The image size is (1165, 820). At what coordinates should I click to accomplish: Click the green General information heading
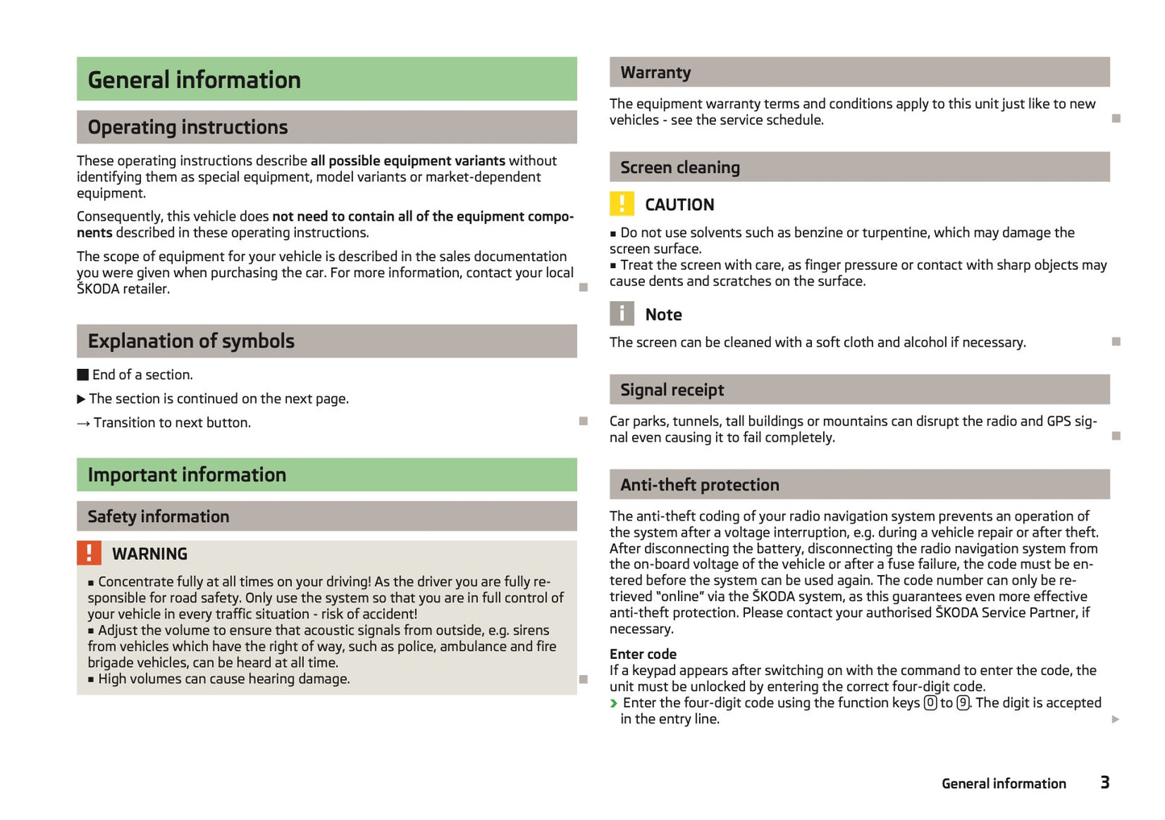194,80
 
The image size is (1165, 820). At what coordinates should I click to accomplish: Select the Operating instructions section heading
188,127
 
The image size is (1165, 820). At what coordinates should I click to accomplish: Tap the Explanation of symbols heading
191,342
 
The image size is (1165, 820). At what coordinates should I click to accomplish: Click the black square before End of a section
83,375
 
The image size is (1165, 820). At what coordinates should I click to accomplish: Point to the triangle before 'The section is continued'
81,399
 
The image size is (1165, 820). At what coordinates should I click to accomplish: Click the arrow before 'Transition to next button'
83,424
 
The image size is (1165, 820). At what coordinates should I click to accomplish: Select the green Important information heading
187,475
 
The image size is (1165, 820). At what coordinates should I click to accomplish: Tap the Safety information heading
159,516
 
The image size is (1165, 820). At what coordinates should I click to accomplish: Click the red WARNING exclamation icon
89,553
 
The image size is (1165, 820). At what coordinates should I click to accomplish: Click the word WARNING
150,554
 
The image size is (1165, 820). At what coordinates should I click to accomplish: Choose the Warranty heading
655,72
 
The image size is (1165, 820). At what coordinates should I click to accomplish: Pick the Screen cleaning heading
680,168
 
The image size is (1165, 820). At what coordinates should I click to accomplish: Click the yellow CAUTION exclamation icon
622,205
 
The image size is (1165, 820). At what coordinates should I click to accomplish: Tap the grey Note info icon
622,314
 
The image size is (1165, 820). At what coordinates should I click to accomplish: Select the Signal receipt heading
672,390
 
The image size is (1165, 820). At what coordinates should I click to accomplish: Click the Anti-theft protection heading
700,485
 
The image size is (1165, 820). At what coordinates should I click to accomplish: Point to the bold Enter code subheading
643,654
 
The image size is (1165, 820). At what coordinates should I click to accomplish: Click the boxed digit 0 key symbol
930,703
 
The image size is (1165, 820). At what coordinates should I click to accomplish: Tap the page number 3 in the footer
1105,782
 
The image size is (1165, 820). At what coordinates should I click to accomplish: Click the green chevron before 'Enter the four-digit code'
614,703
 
